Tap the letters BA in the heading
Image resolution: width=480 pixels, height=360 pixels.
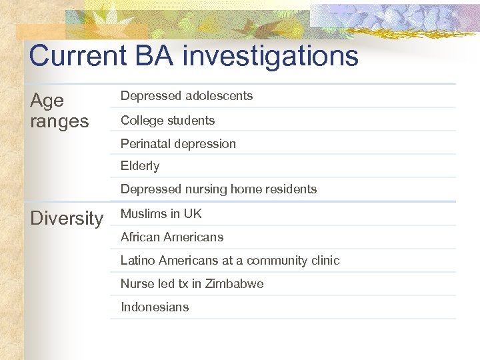point(154,56)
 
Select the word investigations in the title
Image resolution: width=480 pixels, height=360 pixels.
point(271,56)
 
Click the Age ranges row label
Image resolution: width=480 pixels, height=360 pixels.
point(59,111)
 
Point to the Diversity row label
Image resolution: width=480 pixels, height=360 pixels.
point(67,219)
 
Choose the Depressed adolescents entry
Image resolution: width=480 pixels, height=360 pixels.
point(187,96)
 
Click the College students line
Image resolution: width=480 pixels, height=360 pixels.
point(167,121)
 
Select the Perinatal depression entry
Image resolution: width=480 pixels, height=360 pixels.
point(178,144)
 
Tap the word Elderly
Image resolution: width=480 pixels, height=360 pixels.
point(140,166)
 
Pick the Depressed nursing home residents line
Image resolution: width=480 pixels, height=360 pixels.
point(219,189)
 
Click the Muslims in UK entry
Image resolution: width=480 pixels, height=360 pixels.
point(161,214)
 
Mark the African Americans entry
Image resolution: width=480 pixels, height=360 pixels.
point(172,237)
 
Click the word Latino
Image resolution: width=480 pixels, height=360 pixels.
point(137,261)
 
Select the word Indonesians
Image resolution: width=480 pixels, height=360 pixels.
point(155,307)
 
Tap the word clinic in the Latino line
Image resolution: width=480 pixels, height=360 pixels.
point(324,261)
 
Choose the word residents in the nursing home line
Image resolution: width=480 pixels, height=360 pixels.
point(290,189)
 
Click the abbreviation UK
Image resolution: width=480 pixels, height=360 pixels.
point(193,214)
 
